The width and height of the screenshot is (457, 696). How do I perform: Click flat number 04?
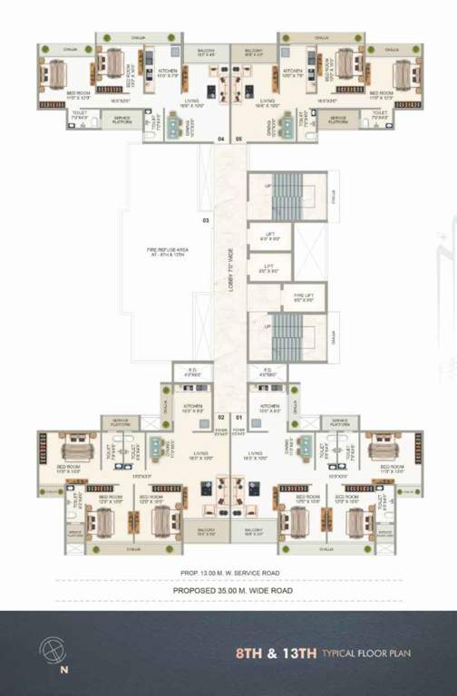(x=220, y=139)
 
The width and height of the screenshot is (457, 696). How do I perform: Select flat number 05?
(x=238, y=139)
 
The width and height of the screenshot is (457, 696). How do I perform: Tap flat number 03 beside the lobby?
(x=206, y=221)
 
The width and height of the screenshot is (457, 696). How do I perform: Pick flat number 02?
(x=220, y=417)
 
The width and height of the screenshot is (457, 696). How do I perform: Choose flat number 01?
(x=239, y=417)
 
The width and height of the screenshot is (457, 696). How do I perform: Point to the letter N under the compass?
(x=63, y=672)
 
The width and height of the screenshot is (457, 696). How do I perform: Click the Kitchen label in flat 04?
(x=169, y=70)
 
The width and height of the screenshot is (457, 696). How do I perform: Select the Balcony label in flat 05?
(x=255, y=52)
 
